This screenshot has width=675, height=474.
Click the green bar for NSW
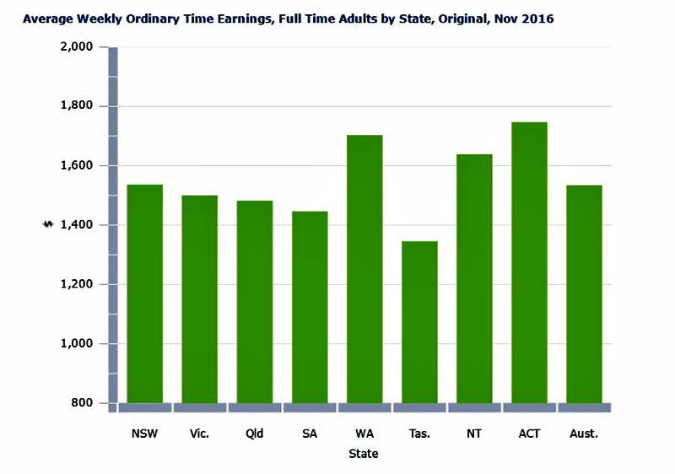pyautogui.click(x=144, y=294)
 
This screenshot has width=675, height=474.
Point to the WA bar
pyautogui.click(x=364, y=269)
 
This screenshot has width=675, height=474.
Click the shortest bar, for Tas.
pyautogui.click(x=419, y=322)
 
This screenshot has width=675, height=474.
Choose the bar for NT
pyautogui.click(x=474, y=279)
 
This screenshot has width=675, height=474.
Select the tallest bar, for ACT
pyautogui.click(x=529, y=263)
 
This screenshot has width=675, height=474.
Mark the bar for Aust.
pyautogui.click(x=584, y=294)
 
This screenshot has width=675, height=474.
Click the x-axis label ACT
pyautogui.click(x=529, y=434)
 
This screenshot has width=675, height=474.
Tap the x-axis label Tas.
pyautogui.click(x=419, y=434)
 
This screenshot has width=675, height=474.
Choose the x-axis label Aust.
pyautogui.click(x=584, y=434)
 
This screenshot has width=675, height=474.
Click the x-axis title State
pyautogui.click(x=364, y=454)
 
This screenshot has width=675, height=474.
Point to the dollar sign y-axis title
pyautogui.click(x=48, y=224)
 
